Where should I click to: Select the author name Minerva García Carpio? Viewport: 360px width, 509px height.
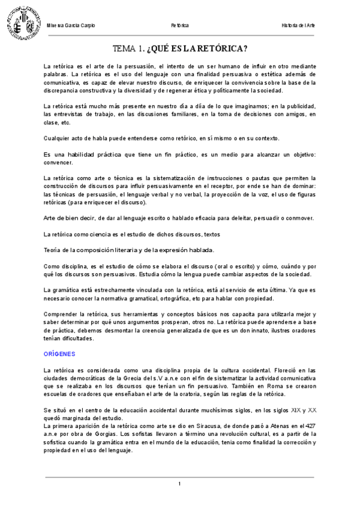coord(71,26)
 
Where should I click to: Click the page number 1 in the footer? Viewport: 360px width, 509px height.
coord(179,484)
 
